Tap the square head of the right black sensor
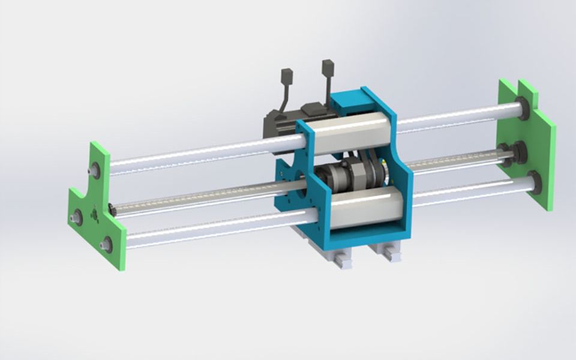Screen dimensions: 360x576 tap(328, 67)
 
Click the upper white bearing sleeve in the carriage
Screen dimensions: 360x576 tap(348, 133)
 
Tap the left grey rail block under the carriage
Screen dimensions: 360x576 tap(335, 257)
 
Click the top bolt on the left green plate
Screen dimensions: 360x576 tap(95, 170)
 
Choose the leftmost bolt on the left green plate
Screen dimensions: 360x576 tap(77, 217)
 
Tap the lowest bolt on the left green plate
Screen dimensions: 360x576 tap(107, 244)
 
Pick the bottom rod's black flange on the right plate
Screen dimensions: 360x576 tap(533, 181)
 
